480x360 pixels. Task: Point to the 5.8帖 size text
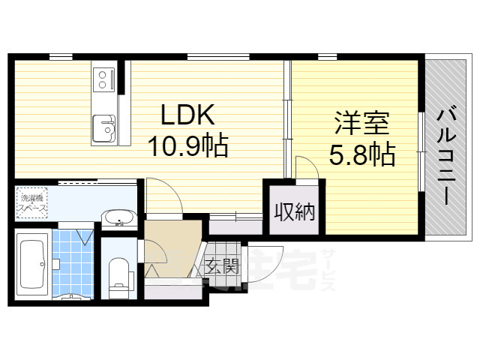(362, 155)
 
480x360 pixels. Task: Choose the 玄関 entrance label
(222, 264)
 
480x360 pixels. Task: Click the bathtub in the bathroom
(32, 266)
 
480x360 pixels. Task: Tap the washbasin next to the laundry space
(118, 218)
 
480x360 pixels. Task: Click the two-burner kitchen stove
(103, 79)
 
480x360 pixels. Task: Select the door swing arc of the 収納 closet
(307, 168)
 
